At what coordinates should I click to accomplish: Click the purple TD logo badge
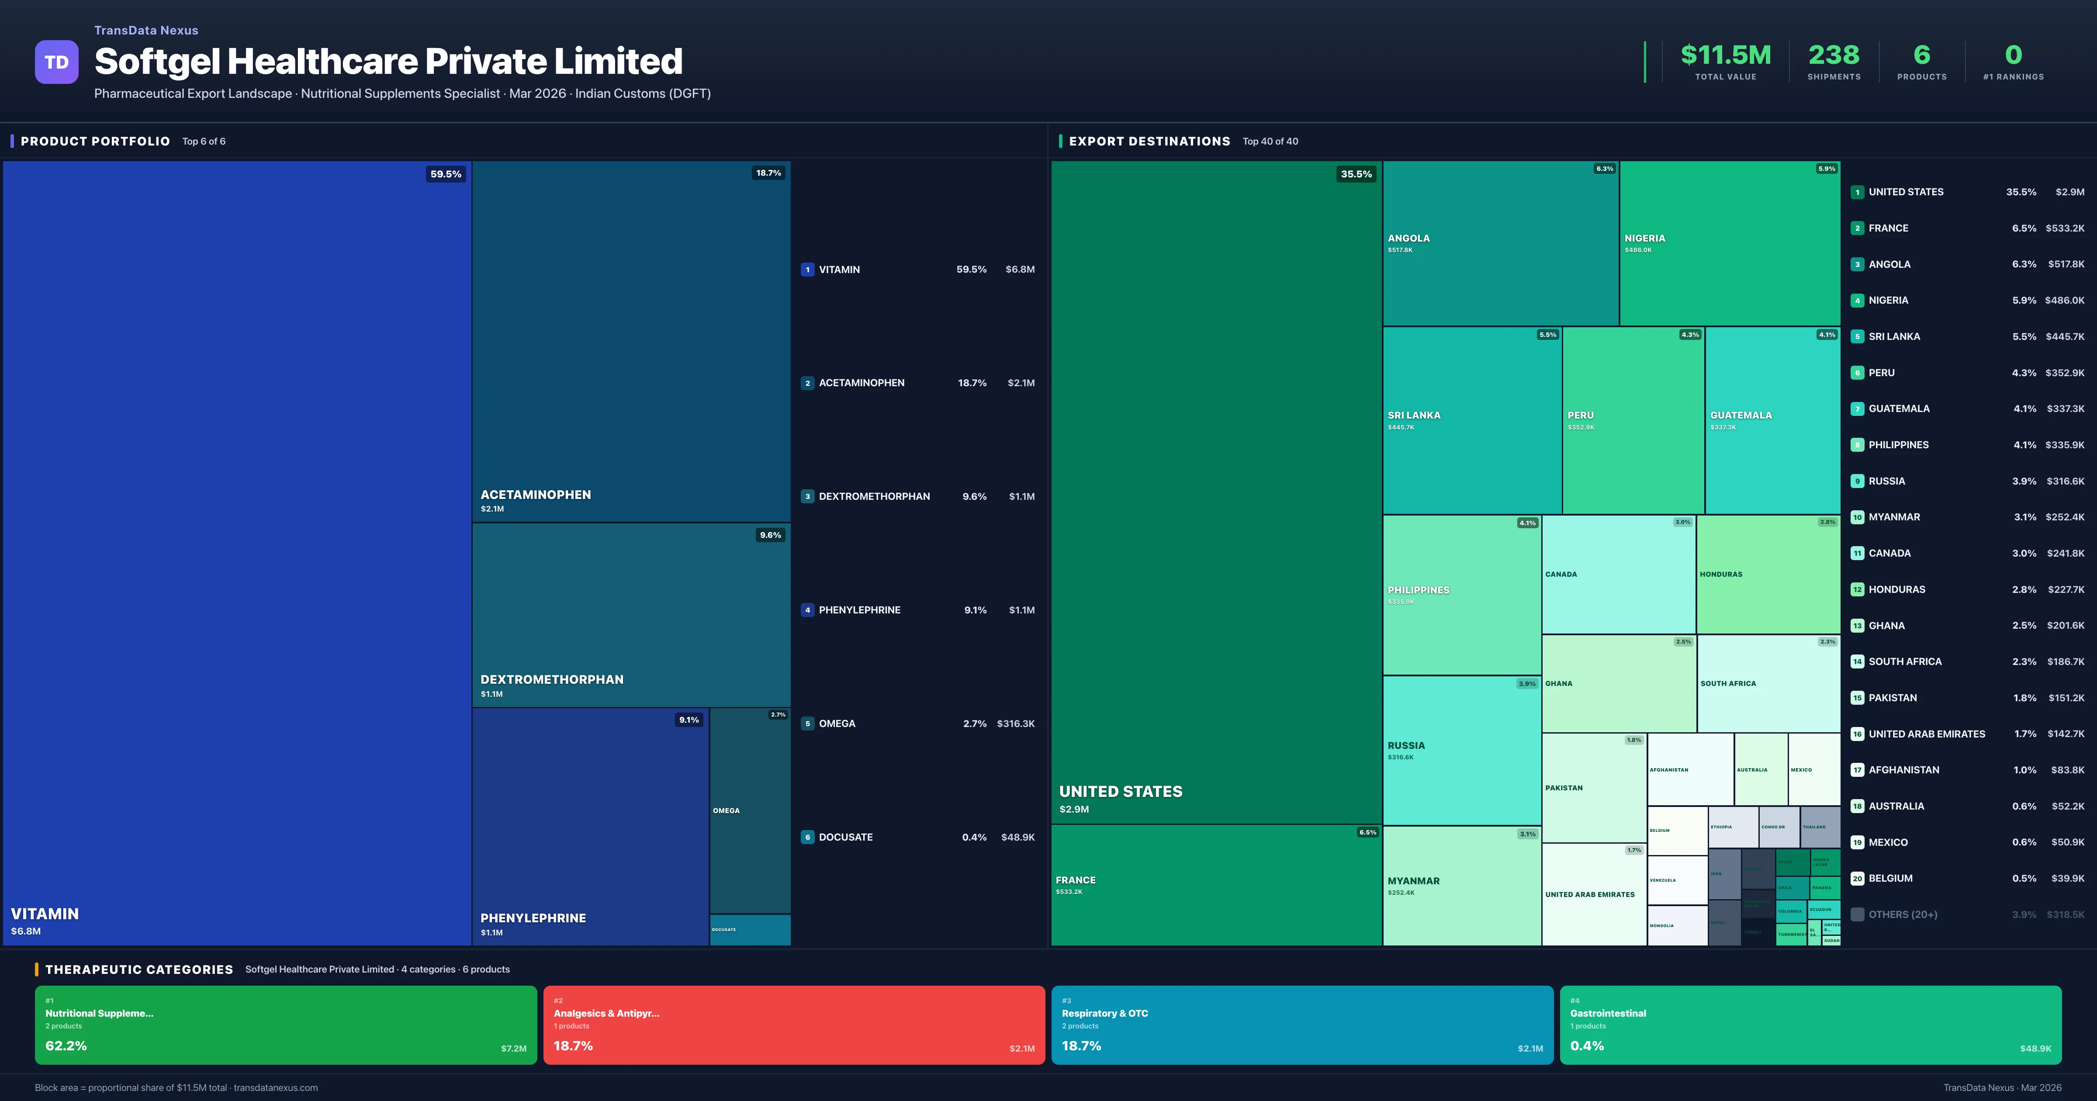click(x=56, y=62)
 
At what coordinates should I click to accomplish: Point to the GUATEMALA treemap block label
click(x=1741, y=415)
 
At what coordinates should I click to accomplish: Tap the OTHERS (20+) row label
click(x=1903, y=914)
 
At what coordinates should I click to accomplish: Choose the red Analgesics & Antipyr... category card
click(x=794, y=1025)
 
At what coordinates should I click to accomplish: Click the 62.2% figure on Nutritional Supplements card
click(x=66, y=1046)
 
